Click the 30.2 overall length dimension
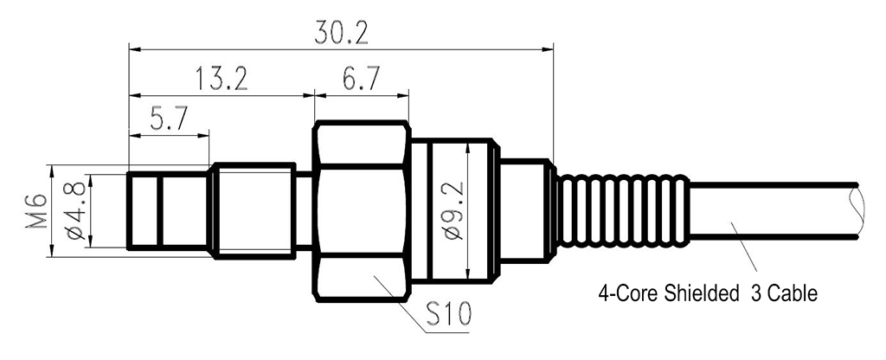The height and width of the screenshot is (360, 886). click(343, 32)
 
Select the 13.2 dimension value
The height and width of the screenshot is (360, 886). click(221, 80)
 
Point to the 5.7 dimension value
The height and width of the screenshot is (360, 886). click(169, 119)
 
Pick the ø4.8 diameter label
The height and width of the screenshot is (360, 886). click(74, 212)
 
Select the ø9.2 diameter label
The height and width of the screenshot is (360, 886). click(456, 212)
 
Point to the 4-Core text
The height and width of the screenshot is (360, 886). click(622, 294)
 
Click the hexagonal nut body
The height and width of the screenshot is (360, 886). click(360, 211)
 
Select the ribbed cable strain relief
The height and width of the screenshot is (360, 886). click(621, 211)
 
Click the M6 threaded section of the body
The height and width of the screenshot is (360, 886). click(256, 211)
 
